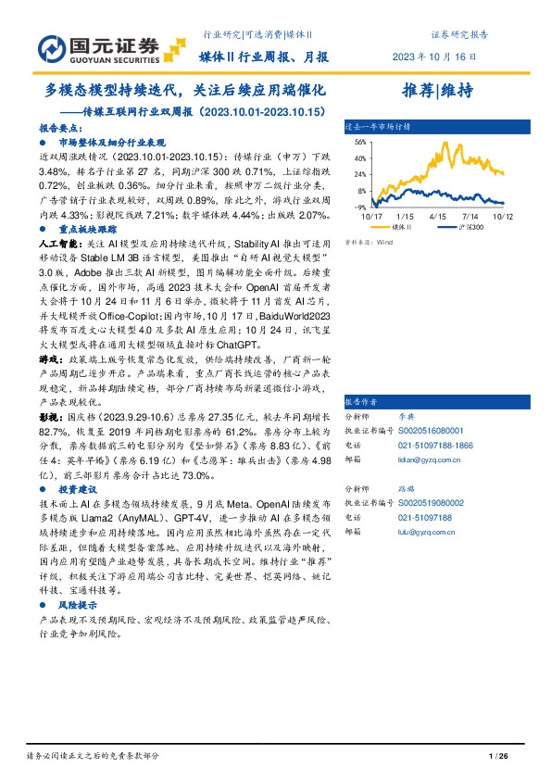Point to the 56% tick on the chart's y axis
pos(361,142)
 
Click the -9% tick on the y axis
pos(361,208)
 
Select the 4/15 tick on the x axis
pos(440,216)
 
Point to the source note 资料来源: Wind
pos(366,242)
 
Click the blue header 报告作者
pos(362,402)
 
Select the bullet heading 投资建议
pos(78,487)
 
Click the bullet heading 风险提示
pos(78,604)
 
